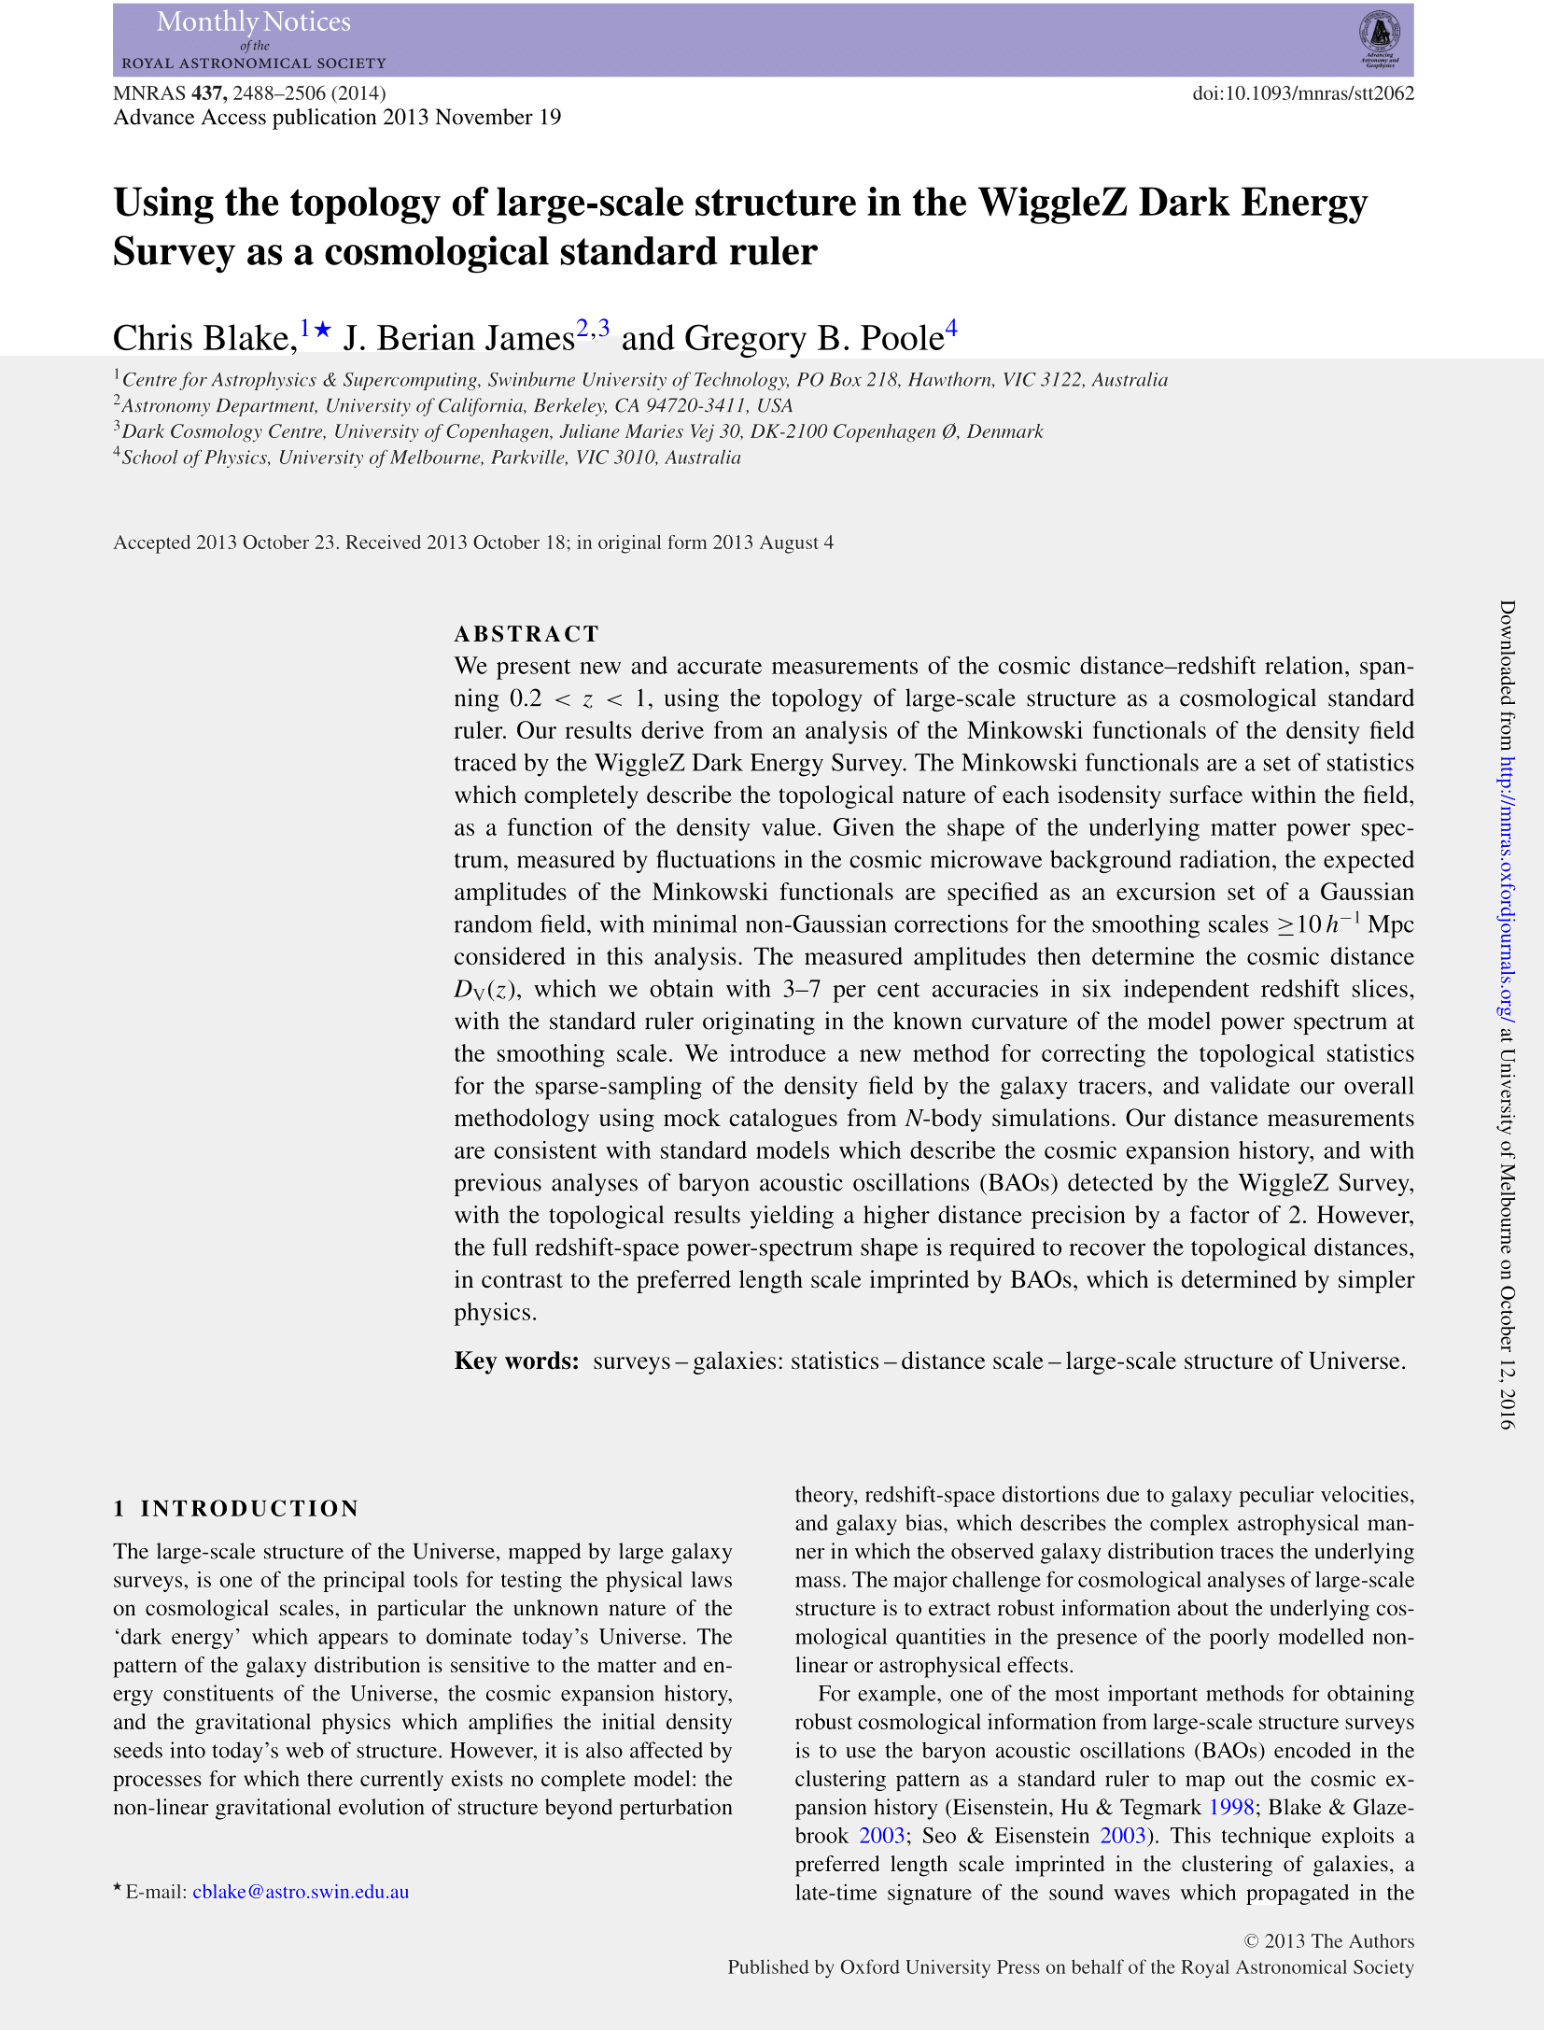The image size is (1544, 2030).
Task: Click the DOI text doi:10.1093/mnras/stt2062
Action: pos(1303,93)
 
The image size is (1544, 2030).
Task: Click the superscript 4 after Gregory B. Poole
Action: pos(951,328)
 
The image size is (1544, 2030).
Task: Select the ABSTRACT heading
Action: pos(526,634)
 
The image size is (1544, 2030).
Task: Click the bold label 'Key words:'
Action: pos(516,1360)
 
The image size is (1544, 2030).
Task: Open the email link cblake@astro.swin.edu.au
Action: pos(301,1892)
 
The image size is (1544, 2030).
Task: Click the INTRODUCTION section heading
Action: pos(249,1509)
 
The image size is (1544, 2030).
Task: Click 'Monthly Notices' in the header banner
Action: pos(254,22)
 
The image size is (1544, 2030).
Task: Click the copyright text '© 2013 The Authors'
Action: pos(1329,1941)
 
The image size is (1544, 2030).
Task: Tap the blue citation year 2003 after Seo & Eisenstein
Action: pos(1122,1836)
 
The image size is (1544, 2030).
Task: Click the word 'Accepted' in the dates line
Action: pos(151,543)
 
